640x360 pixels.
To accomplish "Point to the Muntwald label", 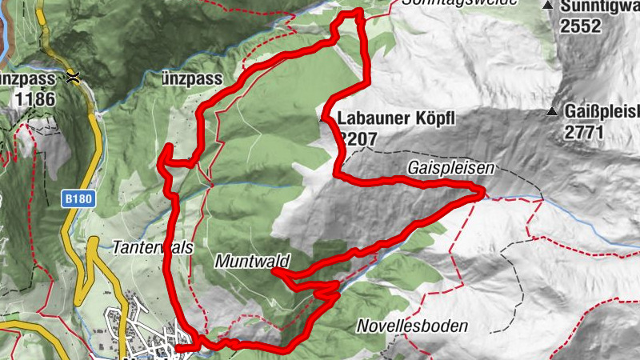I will (x=251, y=261).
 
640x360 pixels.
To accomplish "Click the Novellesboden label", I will (x=412, y=326).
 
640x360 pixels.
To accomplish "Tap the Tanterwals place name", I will (x=154, y=248).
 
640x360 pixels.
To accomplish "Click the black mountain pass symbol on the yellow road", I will (x=74, y=78).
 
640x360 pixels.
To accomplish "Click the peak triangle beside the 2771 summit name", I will (x=554, y=111).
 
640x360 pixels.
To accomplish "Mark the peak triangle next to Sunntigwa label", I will (x=548, y=6).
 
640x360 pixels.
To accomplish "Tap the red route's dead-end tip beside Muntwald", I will (x=274, y=272).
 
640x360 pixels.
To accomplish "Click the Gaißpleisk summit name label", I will (x=602, y=112).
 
